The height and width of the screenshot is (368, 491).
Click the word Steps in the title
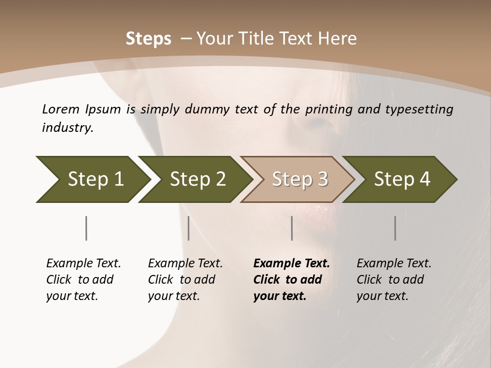point(148,39)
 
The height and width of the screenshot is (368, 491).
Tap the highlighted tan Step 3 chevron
point(300,179)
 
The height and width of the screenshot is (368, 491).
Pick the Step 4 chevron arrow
point(402,179)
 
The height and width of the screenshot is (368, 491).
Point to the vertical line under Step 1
point(86,228)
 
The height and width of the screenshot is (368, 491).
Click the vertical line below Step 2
point(189,228)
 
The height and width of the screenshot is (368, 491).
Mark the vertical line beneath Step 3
point(292,228)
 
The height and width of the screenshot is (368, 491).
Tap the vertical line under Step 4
point(395,228)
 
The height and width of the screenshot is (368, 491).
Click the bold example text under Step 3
point(291,280)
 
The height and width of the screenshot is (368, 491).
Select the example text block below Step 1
point(83,280)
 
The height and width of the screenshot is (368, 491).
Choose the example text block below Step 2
point(185,280)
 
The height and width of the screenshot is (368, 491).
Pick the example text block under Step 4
point(393,280)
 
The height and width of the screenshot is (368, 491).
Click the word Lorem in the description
point(61,109)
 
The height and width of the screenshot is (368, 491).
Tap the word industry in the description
point(67,128)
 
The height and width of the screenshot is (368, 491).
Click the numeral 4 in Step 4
point(425,179)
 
